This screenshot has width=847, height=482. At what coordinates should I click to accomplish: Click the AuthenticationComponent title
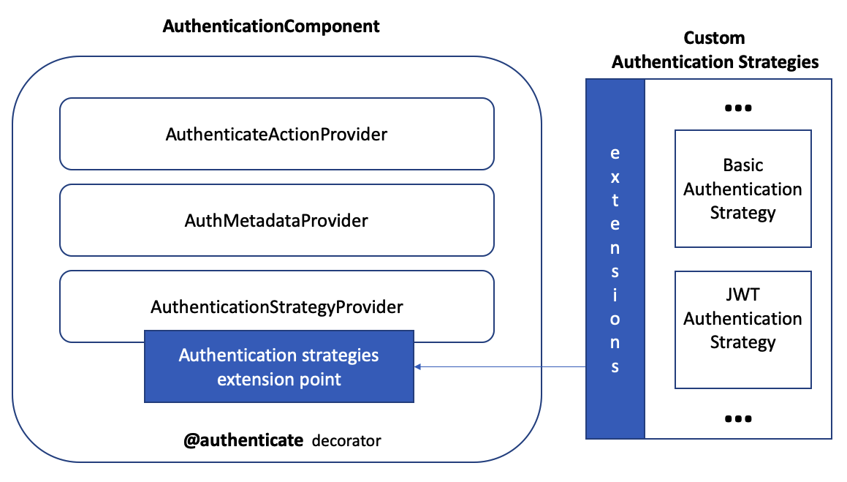coord(271,26)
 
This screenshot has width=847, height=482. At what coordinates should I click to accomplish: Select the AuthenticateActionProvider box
coord(276,134)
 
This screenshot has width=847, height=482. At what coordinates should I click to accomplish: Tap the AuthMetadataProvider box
coord(276,219)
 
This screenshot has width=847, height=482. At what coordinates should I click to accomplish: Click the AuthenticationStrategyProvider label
coord(276,307)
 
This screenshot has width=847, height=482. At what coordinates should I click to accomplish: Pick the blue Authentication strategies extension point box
coord(279,367)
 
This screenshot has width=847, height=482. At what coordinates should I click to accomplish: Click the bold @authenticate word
coord(243,440)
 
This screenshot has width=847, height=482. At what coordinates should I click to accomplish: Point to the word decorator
coord(346,441)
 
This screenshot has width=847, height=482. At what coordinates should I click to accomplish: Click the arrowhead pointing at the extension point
coord(419,366)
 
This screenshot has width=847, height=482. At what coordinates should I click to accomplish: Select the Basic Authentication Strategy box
coord(742,189)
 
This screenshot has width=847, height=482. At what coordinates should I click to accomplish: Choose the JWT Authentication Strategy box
coord(742,329)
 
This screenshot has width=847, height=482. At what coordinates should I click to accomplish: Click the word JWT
coord(742,295)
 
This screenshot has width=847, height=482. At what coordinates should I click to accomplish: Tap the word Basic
coord(742,165)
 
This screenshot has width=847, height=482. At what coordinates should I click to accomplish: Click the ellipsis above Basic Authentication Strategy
coord(738,108)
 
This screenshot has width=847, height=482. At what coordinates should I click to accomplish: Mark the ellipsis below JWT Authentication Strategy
coord(738,419)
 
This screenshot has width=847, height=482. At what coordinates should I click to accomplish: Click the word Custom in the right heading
coord(714,38)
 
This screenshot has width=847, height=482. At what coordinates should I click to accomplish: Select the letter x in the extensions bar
coord(615,176)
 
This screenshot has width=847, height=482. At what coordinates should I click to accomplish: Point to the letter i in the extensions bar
coord(615,295)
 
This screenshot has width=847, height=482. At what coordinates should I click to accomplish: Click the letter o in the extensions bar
coord(615,319)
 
